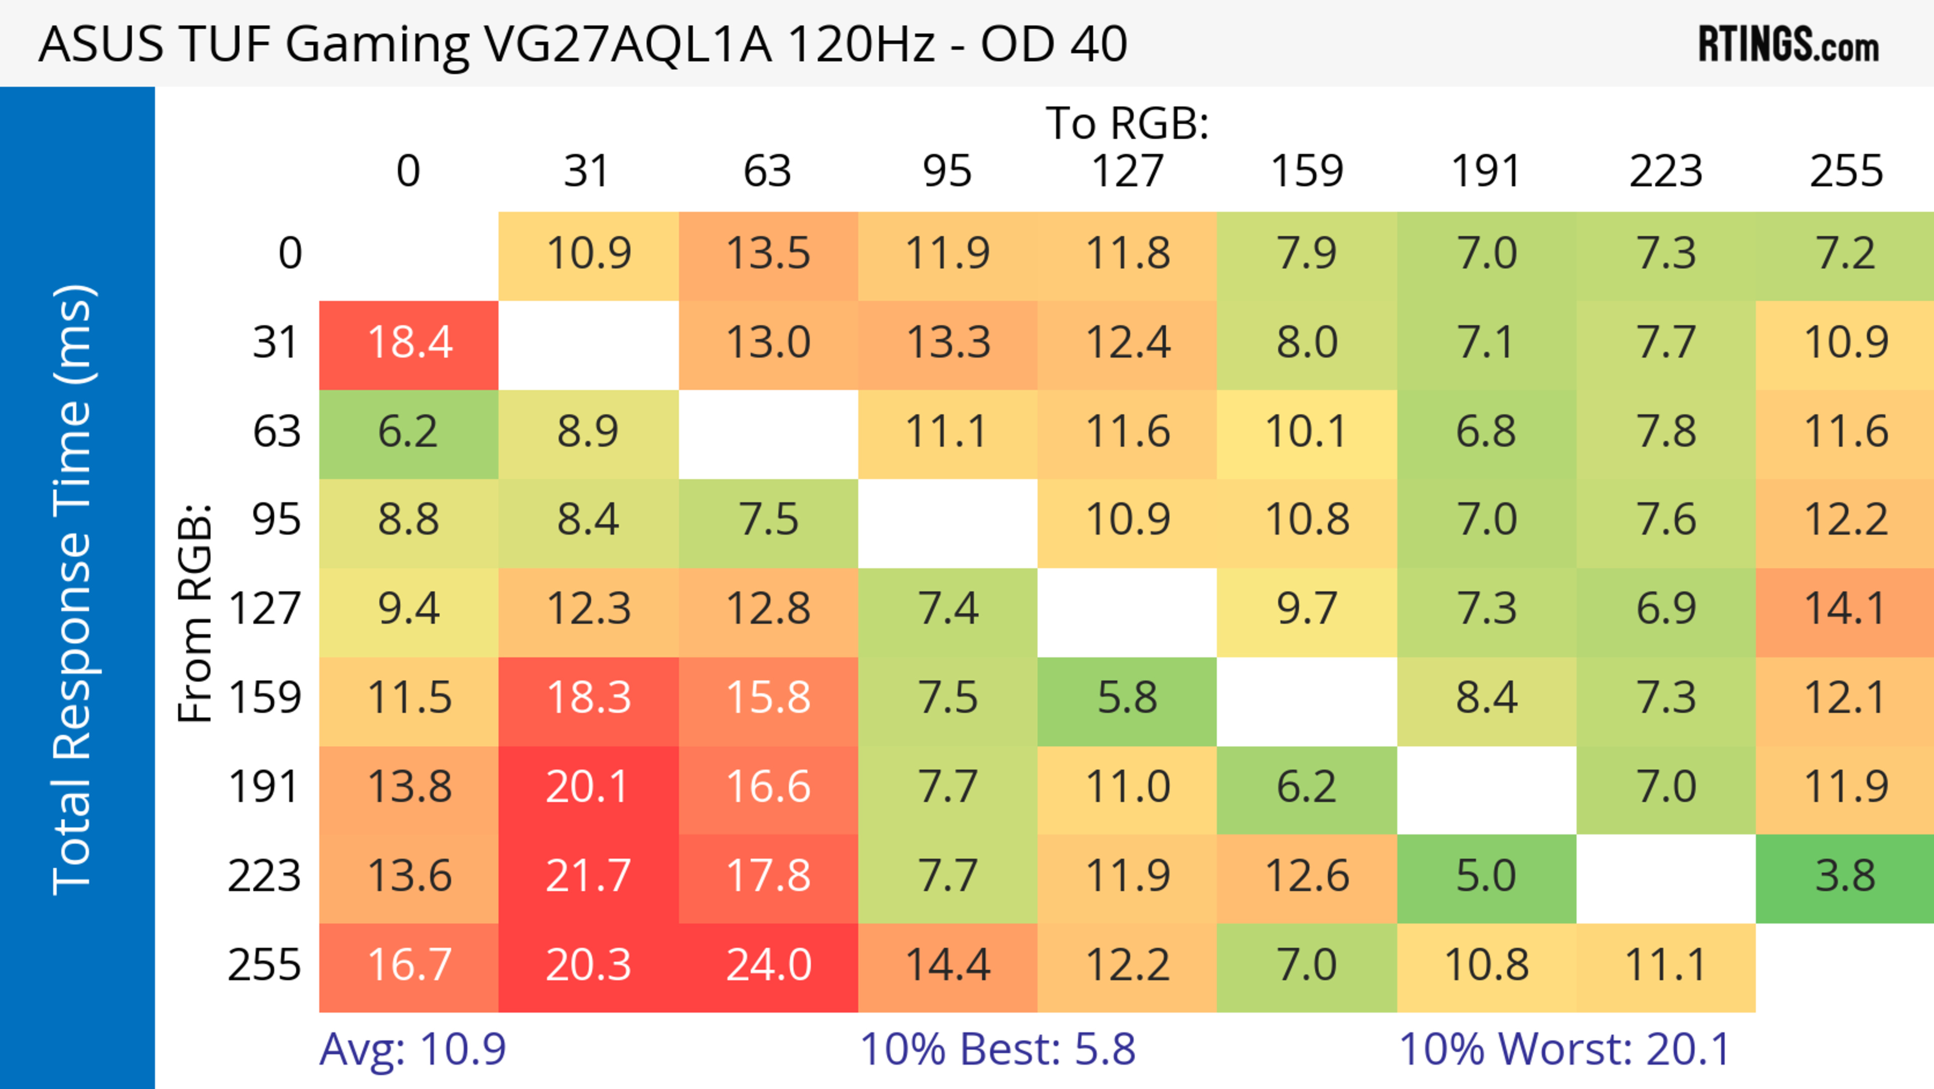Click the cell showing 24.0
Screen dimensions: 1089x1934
tap(768, 965)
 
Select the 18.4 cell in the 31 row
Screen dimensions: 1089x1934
tap(409, 343)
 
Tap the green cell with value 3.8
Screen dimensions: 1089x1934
tap(1845, 876)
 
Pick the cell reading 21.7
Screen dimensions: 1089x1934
tap(588, 876)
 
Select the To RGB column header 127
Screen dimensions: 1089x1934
tap(1127, 171)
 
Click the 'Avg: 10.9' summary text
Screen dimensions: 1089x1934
tap(412, 1049)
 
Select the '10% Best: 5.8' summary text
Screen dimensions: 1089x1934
tap(997, 1049)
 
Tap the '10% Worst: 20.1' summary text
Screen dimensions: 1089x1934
tap(1565, 1049)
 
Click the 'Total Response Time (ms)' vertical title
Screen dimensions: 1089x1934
tap(74, 590)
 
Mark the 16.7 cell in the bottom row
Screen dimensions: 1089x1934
tap(409, 965)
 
